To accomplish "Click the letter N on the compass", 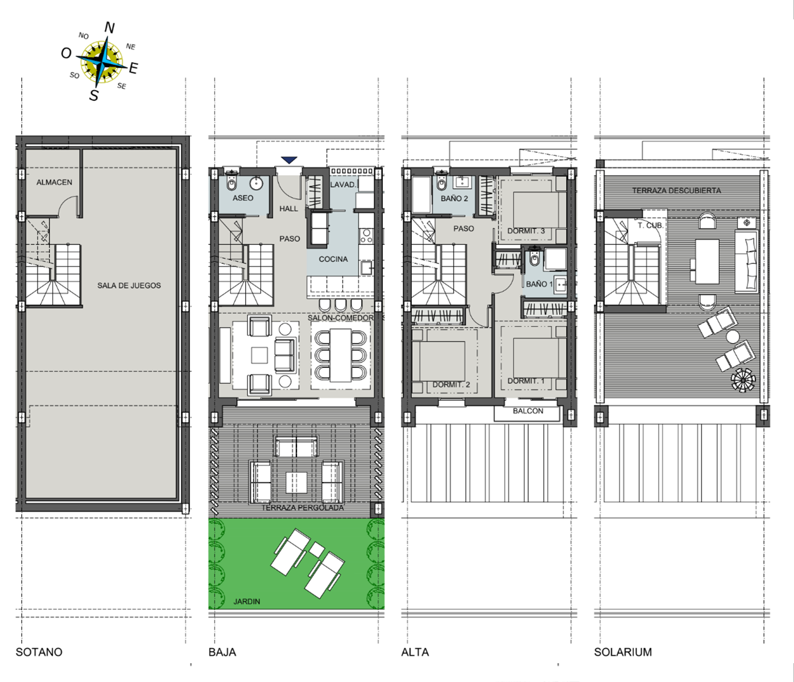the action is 109,28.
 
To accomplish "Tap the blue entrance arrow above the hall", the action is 289,160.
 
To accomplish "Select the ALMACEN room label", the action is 54,182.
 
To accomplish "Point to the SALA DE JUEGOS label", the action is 129,285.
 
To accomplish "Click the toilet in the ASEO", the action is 231,184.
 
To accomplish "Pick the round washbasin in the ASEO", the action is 256,183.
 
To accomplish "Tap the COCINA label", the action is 333,259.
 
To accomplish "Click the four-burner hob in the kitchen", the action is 366,236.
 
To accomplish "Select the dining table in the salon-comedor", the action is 341,355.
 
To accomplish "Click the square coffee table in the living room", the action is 260,355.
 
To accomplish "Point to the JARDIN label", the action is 247,601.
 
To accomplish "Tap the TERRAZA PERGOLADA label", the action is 303,507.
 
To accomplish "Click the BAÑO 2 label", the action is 454,198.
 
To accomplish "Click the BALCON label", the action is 528,411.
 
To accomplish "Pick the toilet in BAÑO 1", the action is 534,260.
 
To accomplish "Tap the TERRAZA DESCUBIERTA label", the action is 676,190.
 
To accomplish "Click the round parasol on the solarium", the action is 743,380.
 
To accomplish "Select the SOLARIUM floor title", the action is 623,652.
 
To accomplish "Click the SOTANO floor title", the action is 39,652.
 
